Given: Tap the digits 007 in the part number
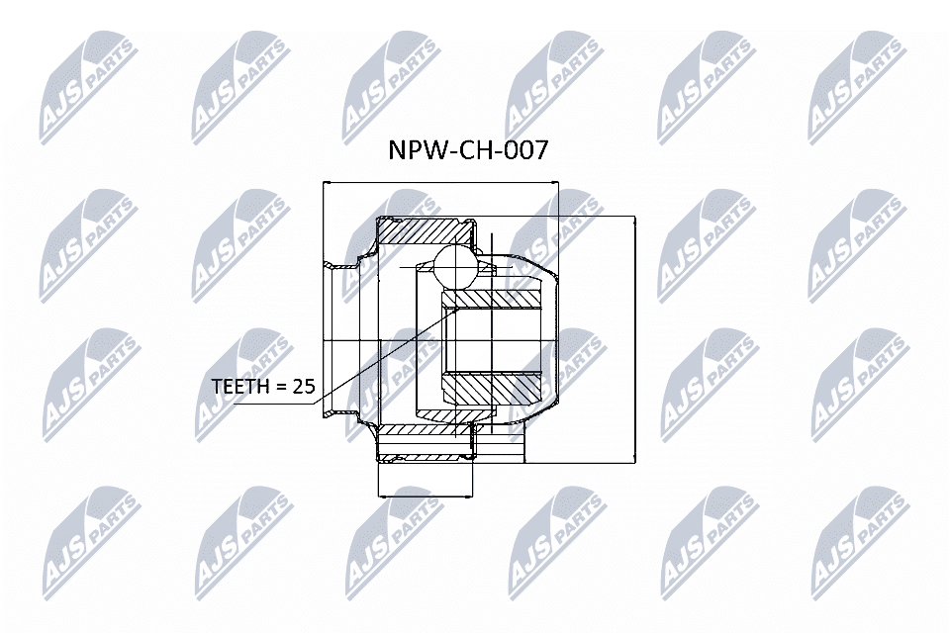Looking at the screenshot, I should tap(523, 150).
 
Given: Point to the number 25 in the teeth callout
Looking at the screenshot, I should tap(303, 387).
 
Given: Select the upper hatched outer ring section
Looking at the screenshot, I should tap(426, 231).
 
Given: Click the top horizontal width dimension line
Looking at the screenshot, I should tap(440, 183).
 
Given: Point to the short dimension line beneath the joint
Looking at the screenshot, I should tap(426, 496).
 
